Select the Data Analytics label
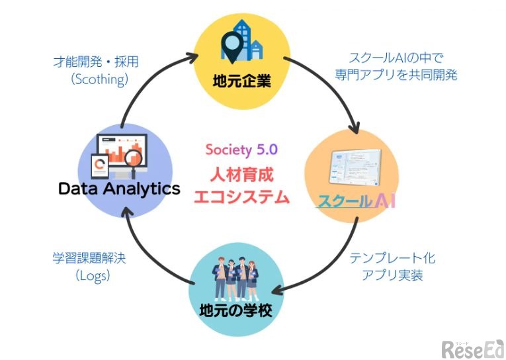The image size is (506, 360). [119, 189]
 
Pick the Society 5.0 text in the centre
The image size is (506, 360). [241, 150]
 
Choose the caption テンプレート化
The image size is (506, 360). [392, 257]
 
